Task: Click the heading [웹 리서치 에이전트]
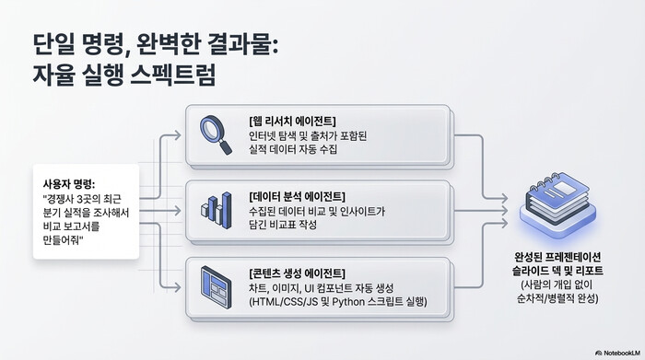coord(292,121)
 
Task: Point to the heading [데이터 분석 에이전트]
coord(297,196)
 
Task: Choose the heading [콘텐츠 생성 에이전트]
coord(297,273)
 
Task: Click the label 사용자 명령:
coord(69,182)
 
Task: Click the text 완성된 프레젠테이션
coord(557,256)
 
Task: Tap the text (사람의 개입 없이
coord(557,285)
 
